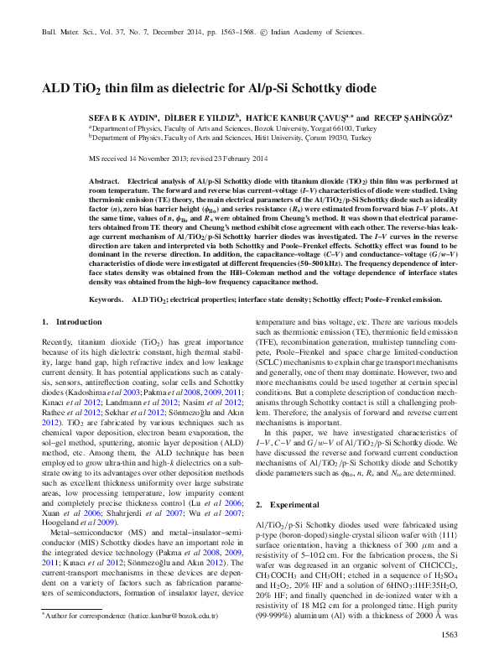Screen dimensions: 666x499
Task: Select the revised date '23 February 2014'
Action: click(240, 158)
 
